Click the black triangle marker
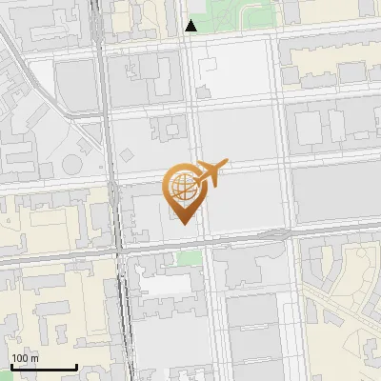click(x=191, y=26)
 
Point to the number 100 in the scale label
click(x=20, y=358)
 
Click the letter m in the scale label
click(x=34, y=358)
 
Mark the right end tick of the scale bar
click(x=76, y=366)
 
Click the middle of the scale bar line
click(x=43, y=367)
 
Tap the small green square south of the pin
click(x=190, y=258)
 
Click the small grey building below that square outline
click(x=201, y=92)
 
